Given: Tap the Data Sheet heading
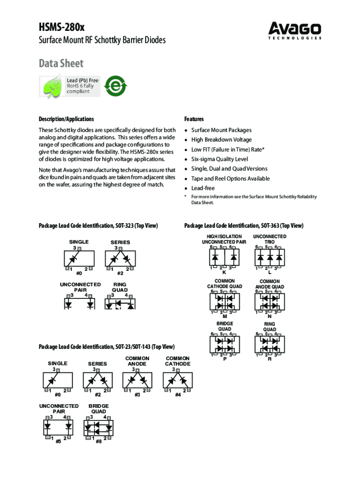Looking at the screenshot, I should pyautogui.click(x=61, y=63).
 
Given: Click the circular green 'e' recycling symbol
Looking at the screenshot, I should pyautogui.click(x=115, y=86).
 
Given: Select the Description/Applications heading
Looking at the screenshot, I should pyautogui.click(x=66, y=119).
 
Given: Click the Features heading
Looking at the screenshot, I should pyautogui.click(x=194, y=119).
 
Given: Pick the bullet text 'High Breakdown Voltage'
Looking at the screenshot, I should pyautogui.click(x=221, y=140).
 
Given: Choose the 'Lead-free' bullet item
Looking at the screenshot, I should pyautogui.click(x=203, y=188).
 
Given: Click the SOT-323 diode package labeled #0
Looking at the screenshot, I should pyautogui.click(x=79, y=259).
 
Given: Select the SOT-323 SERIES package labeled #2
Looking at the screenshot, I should pyautogui.click(x=120, y=259).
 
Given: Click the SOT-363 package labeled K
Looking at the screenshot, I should pyautogui.click(x=224, y=257).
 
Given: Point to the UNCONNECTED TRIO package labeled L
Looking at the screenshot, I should pyautogui.click(x=269, y=257).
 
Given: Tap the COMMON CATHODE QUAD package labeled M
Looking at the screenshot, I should pyautogui.click(x=224, y=301).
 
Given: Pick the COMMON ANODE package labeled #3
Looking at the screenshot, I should pyautogui.click(x=137, y=380).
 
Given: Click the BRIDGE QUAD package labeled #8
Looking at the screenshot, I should pyautogui.click(x=98, y=427).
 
